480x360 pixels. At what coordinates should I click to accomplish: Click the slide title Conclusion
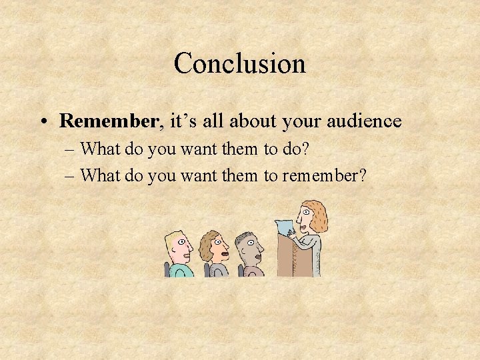(x=239, y=64)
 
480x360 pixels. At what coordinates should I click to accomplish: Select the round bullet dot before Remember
(x=43, y=122)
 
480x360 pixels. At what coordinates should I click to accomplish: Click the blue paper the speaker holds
(x=285, y=227)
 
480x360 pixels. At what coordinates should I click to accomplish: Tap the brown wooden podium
(x=293, y=257)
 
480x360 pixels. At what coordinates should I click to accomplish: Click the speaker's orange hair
(x=318, y=213)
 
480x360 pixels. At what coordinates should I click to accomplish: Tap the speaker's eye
(x=305, y=213)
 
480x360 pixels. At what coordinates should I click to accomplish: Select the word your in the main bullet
(x=301, y=122)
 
